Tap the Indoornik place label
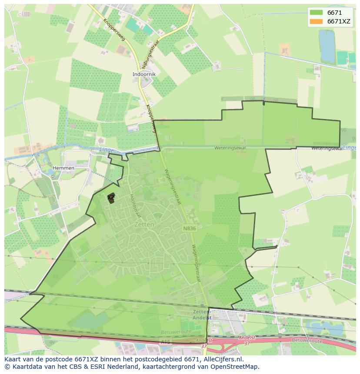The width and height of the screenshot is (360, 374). (x=144, y=74)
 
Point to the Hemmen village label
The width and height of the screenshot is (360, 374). (x=63, y=168)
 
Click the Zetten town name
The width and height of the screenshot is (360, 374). (x=144, y=225)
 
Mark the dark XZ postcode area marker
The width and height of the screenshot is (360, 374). (x=111, y=198)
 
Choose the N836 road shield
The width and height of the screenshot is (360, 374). (x=189, y=228)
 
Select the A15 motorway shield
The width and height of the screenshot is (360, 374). (x=165, y=342)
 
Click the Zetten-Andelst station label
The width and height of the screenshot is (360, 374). (x=202, y=315)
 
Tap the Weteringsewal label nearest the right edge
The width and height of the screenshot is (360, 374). (x=327, y=149)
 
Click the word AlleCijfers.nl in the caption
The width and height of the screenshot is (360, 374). (x=222, y=359)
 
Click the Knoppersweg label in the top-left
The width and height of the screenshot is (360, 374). (x=114, y=30)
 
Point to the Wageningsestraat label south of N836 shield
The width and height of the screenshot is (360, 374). (x=197, y=263)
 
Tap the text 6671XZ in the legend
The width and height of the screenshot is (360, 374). (x=339, y=21)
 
